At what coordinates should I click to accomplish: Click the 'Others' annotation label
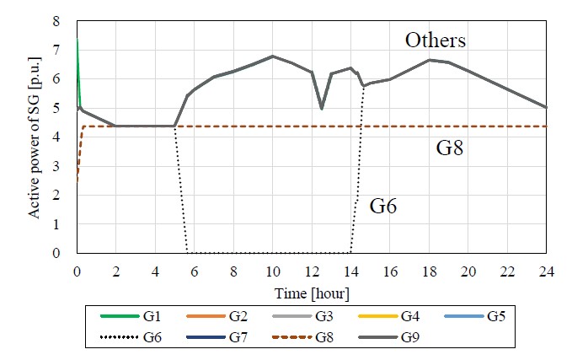[x=436, y=40]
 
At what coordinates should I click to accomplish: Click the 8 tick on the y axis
[x=56, y=19]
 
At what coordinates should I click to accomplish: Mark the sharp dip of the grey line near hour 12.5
[x=322, y=109]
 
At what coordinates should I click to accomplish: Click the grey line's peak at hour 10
[x=272, y=56]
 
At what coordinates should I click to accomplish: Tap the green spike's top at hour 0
[x=77, y=40]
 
